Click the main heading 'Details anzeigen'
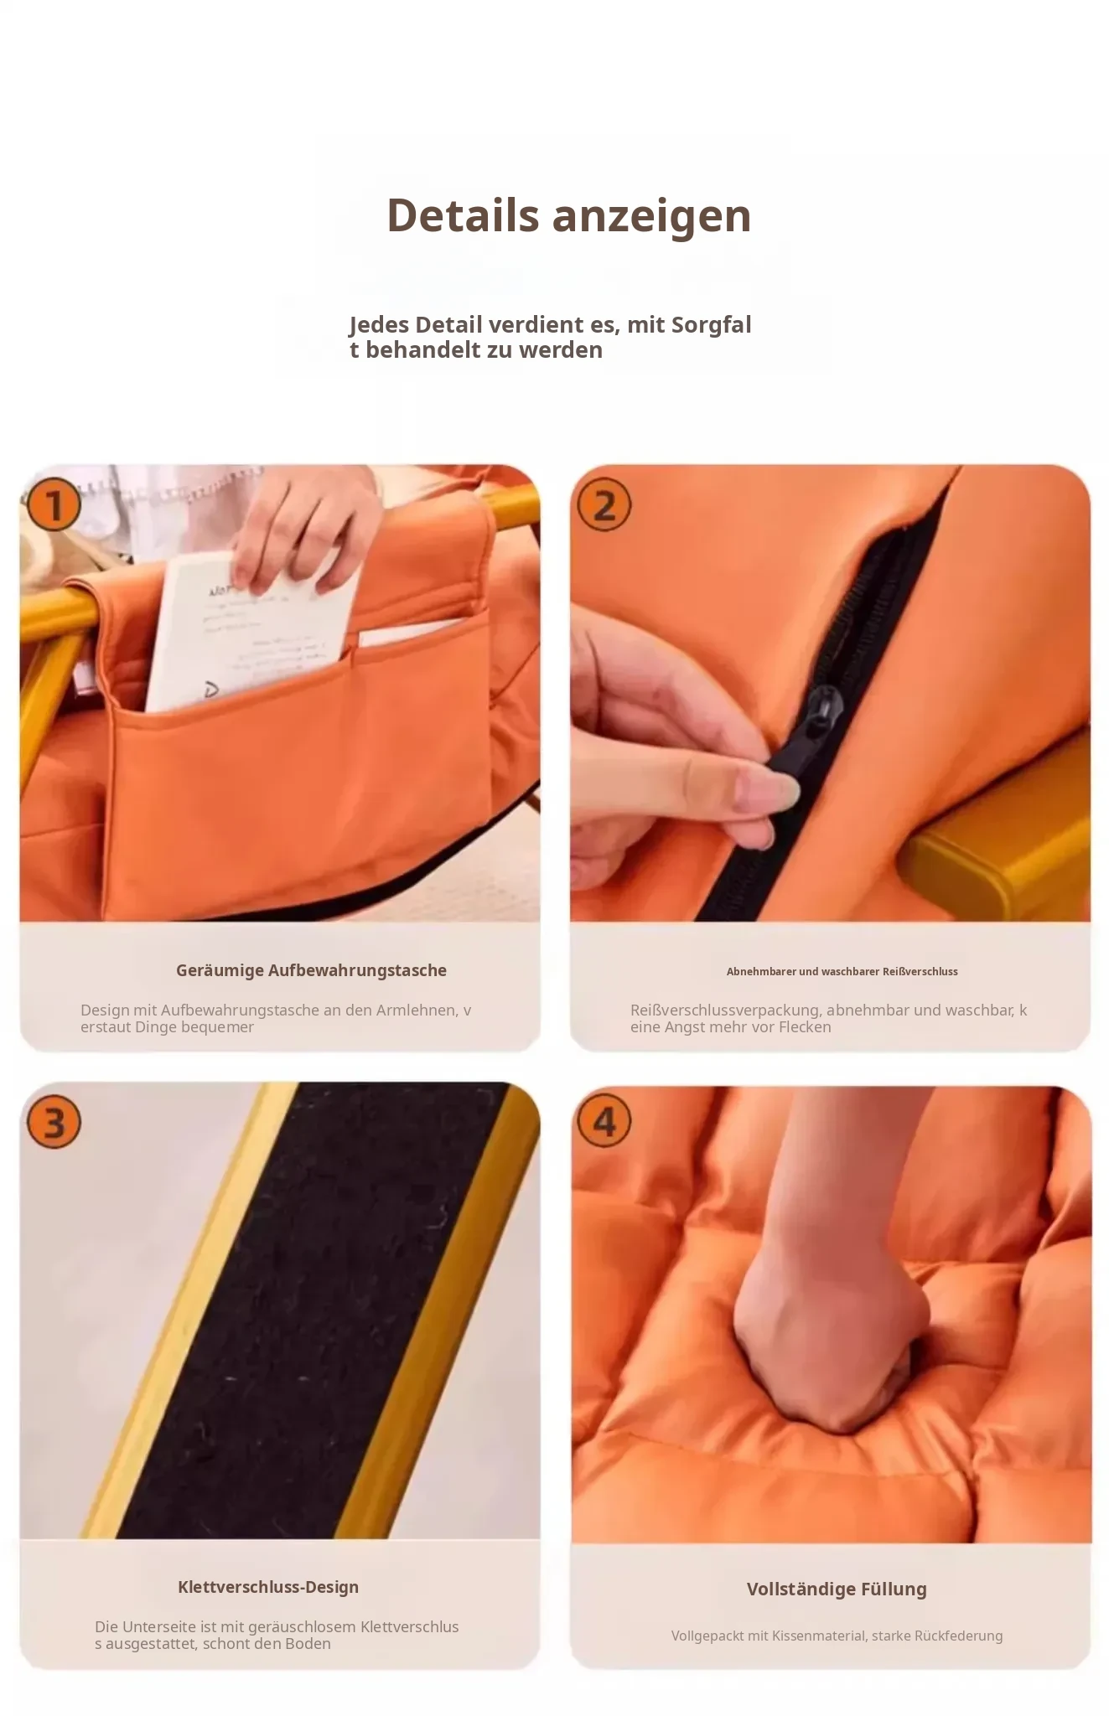pos(568,215)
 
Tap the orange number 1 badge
pos(54,505)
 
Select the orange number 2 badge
pos(604,505)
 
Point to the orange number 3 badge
pos(54,1122)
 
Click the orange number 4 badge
pos(604,1122)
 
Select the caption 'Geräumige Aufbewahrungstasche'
pos(311,970)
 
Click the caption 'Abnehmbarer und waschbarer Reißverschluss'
pos(842,971)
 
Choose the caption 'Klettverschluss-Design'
pos(268,1587)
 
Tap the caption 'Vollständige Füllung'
pos(837,1589)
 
